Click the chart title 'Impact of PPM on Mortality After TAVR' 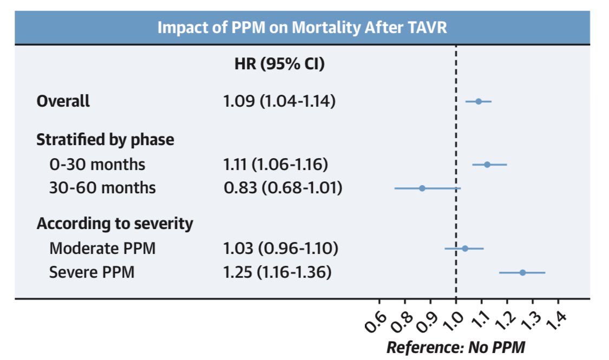(x=302, y=27)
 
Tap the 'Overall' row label (x=63, y=101)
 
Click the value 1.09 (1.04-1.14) (x=279, y=101)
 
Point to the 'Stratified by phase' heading (x=105, y=140)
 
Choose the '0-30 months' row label (x=97, y=164)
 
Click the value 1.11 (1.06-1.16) (x=276, y=164)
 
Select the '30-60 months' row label (x=102, y=188)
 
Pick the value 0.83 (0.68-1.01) (x=283, y=188)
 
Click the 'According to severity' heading (x=114, y=224)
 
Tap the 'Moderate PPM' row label (x=102, y=248)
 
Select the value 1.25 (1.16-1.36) (x=277, y=272)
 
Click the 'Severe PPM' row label (x=91, y=272)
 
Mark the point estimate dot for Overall (x=479, y=101)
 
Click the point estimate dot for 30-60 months (x=422, y=188)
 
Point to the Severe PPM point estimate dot (x=522, y=272)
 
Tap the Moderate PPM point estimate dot (x=465, y=248)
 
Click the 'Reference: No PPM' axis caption (x=455, y=347)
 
